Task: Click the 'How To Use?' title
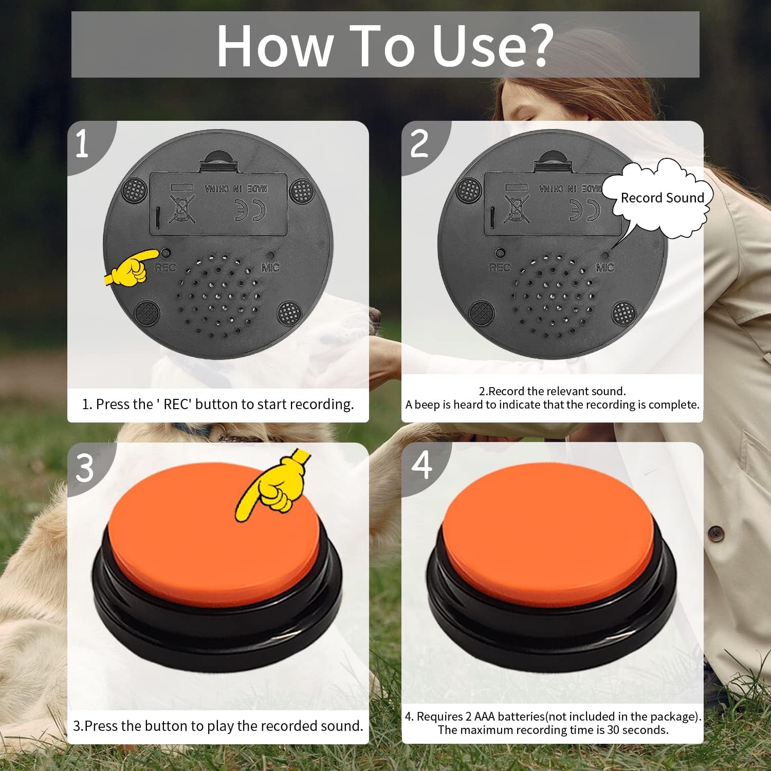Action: coord(385,45)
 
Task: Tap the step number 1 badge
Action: coord(82,144)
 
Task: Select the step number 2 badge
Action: coord(419,144)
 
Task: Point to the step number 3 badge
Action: coord(85,468)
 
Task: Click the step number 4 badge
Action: coord(422,465)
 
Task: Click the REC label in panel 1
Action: coord(165,268)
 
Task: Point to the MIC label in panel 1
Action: coord(270,268)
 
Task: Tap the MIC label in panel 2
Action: coord(604,268)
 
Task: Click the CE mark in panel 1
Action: coord(250,210)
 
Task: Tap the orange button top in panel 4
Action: coord(547,535)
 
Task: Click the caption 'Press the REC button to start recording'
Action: coord(218,405)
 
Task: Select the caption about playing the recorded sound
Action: coord(218,726)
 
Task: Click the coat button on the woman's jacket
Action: coord(715,533)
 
